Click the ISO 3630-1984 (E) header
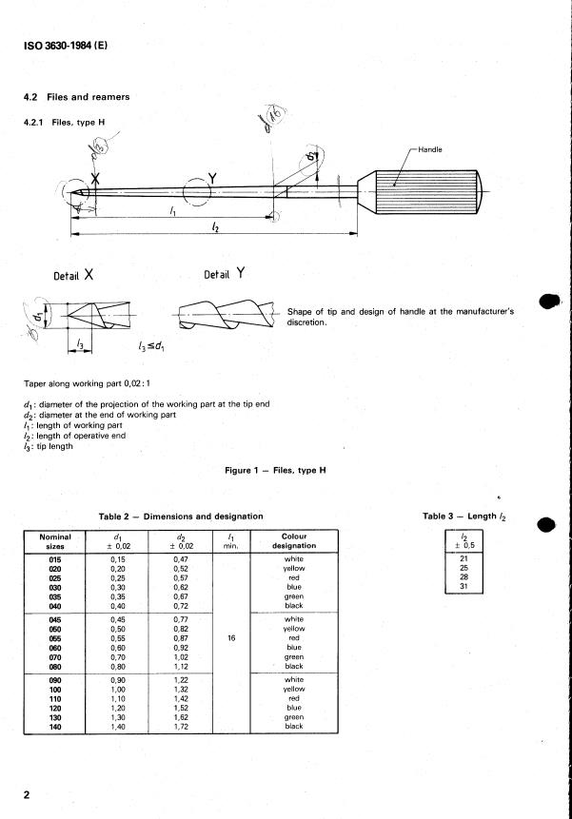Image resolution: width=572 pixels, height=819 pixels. (59, 43)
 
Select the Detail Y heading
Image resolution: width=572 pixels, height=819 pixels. (226, 274)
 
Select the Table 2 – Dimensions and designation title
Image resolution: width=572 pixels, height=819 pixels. (181, 517)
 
